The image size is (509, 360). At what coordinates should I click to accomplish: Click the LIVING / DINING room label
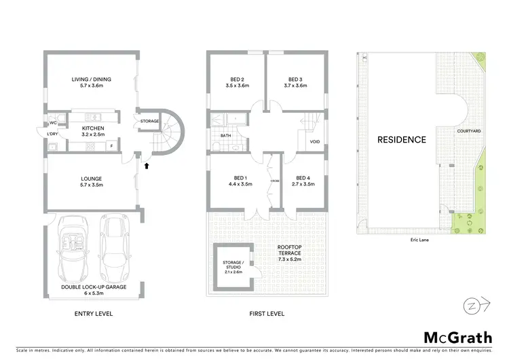click(x=92, y=79)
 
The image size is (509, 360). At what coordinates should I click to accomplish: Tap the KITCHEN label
click(x=92, y=128)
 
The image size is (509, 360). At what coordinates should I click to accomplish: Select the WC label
click(x=53, y=123)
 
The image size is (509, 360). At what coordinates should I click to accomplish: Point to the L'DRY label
click(x=53, y=134)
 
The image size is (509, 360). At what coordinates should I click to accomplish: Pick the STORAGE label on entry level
click(x=149, y=122)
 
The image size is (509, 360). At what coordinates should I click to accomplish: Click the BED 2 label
click(x=238, y=79)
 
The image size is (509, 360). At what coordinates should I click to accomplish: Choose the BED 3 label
click(x=295, y=79)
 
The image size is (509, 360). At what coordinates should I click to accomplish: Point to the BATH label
click(x=226, y=135)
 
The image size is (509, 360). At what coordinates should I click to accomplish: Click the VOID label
click(x=314, y=141)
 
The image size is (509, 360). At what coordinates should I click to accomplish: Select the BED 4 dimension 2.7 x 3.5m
click(x=305, y=184)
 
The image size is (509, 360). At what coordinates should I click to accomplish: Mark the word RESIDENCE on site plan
click(x=402, y=140)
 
